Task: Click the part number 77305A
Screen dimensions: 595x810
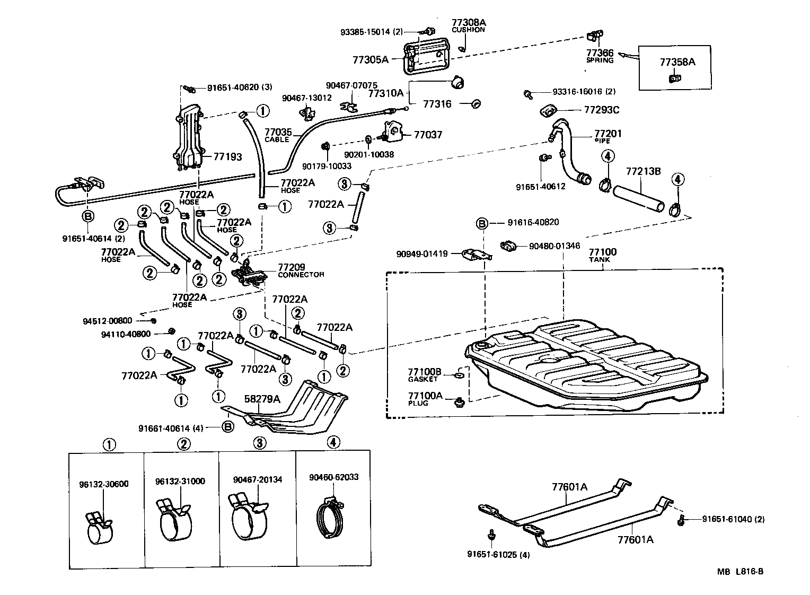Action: click(x=370, y=60)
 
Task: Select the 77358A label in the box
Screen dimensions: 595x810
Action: click(x=677, y=62)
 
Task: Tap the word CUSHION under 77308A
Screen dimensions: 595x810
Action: click(x=468, y=30)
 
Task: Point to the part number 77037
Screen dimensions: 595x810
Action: click(x=428, y=135)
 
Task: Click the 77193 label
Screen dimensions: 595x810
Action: click(x=227, y=157)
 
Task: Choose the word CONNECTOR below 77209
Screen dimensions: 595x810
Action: click(x=301, y=275)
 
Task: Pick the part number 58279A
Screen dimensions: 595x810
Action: click(x=262, y=399)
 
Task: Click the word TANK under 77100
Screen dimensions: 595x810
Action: click(x=599, y=260)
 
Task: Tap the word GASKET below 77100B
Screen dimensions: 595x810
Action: click(x=423, y=379)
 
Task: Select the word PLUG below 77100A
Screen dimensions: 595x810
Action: click(x=418, y=403)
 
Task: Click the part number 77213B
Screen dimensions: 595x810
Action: click(x=643, y=172)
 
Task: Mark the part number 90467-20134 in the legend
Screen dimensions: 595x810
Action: click(x=258, y=480)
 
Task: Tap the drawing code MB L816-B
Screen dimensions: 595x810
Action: click(x=740, y=572)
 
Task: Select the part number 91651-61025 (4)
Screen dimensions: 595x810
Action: click(x=498, y=555)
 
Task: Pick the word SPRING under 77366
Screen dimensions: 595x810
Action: click(x=600, y=60)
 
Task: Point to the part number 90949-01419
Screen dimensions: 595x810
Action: click(x=422, y=254)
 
